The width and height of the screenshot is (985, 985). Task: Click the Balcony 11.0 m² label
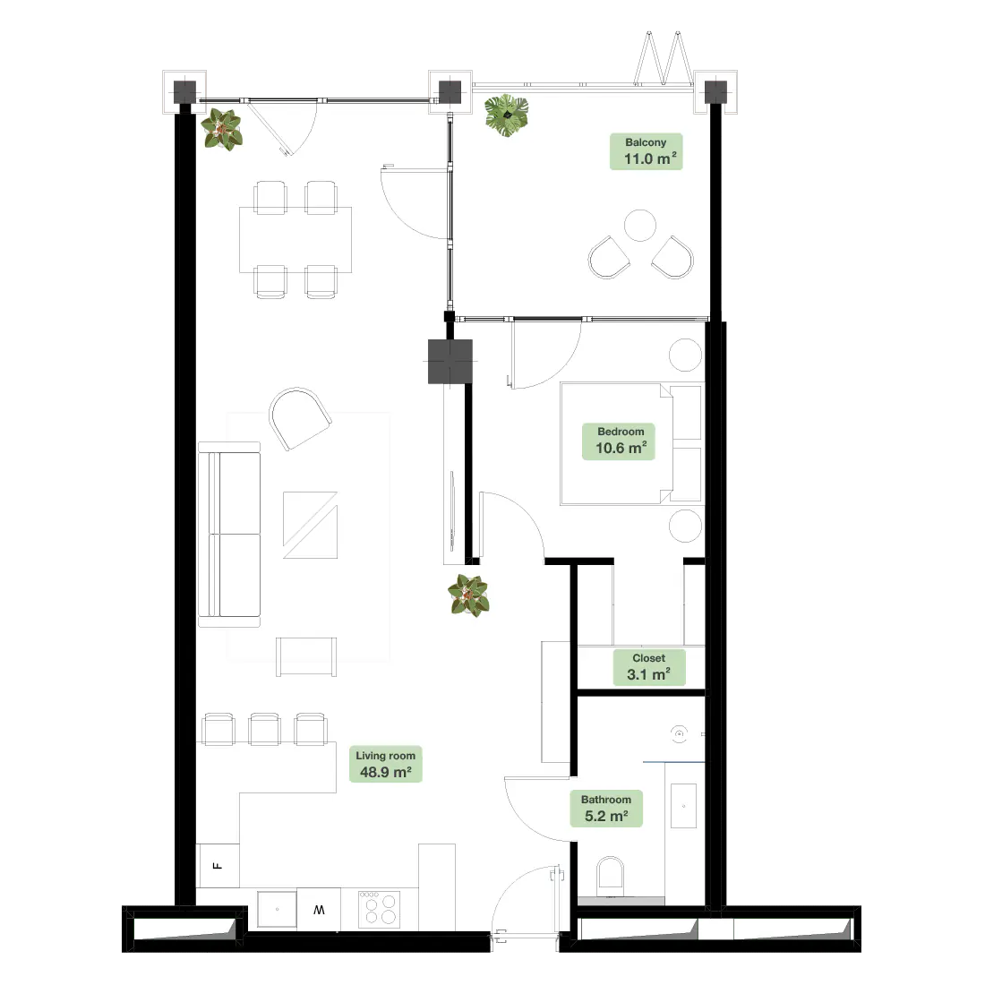[x=646, y=151]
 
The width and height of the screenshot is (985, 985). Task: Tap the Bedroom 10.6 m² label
[x=619, y=441]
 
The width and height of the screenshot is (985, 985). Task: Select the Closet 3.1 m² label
[x=649, y=667]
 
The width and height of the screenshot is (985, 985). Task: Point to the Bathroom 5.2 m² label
[x=606, y=809]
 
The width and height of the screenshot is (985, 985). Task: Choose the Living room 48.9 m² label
[x=386, y=765]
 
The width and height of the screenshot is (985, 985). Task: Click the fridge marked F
[x=218, y=866]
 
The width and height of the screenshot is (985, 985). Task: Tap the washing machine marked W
[x=319, y=910]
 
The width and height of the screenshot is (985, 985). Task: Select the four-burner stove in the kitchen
[x=380, y=909]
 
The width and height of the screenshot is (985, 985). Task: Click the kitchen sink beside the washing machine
[x=277, y=909]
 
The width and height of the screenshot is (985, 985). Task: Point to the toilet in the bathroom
[x=611, y=876]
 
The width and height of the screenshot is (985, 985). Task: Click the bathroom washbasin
[x=683, y=805]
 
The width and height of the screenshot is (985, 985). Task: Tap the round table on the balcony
[x=640, y=226]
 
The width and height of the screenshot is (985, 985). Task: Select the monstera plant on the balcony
[x=506, y=115]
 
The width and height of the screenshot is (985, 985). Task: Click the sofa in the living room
[x=229, y=535]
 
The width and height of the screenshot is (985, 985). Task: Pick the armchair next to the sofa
[x=300, y=418]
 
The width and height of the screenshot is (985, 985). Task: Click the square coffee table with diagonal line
[x=311, y=525]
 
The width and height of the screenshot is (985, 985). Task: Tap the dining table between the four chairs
[x=295, y=239]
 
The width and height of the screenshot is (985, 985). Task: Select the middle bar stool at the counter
[x=264, y=729]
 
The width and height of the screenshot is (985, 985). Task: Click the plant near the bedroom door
[x=468, y=595]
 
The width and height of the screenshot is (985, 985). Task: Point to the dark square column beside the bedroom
[x=450, y=361]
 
